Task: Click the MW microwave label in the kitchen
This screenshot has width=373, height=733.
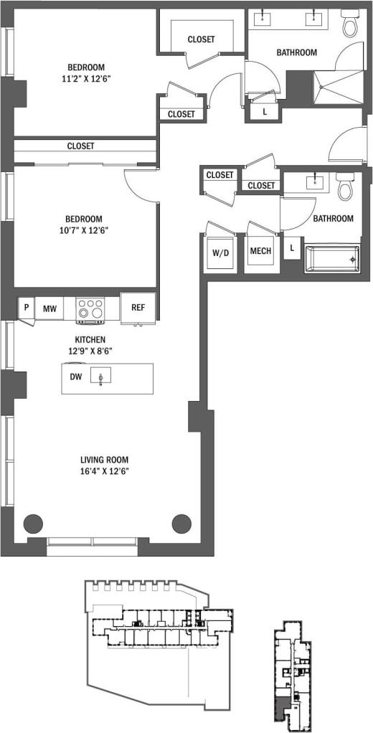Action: [x=49, y=308]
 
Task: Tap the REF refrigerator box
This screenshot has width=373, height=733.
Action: [x=138, y=308]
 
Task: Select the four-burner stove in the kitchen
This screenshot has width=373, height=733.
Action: [x=90, y=308]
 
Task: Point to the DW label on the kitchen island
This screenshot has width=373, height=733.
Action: [x=75, y=377]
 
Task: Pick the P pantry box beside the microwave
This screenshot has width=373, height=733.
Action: [x=27, y=308]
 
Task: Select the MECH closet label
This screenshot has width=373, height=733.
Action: [x=259, y=252]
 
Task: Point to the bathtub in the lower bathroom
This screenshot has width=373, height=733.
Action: [x=331, y=258]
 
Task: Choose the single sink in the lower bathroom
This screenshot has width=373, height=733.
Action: [x=314, y=182]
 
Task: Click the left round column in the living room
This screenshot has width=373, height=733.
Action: [x=33, y=524]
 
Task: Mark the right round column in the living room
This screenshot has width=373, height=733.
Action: [x=181, y=524]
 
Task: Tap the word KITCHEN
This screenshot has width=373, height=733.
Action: [x=91, y=339]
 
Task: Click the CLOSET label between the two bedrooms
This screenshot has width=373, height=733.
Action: [x=81, y=146]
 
